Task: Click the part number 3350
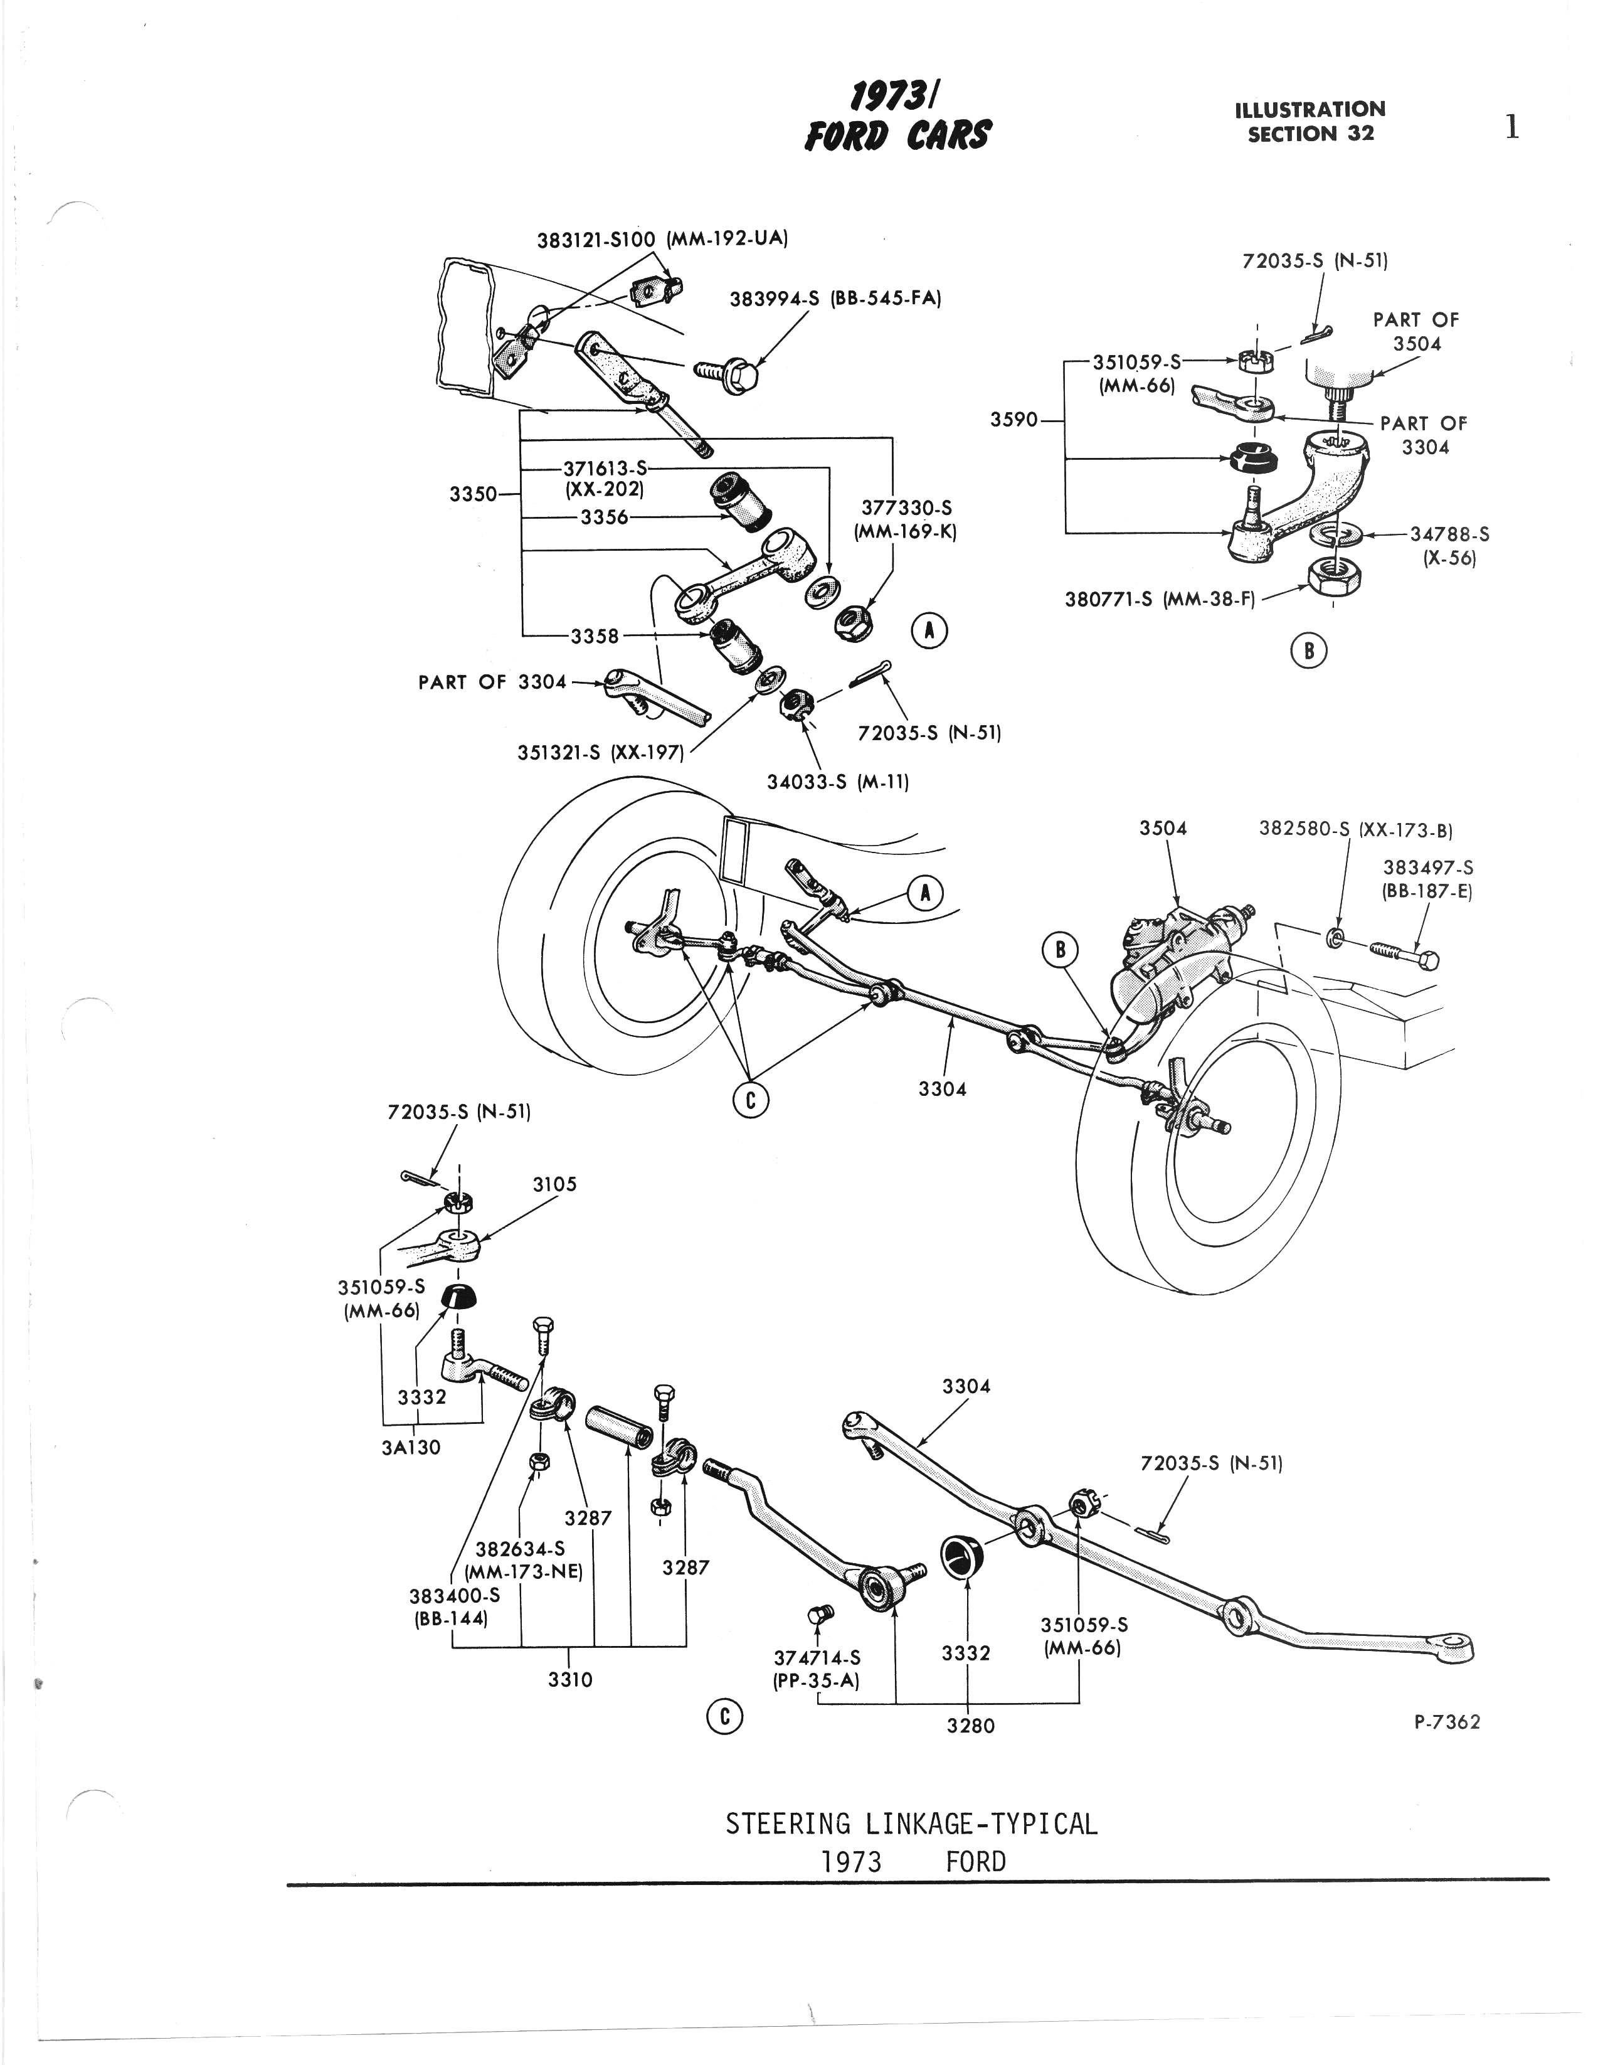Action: click(x=473, y=494)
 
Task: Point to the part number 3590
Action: click(x=1013, y=419)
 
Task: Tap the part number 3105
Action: click(x=554, y=1184)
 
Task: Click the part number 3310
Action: click(x=570, y=1679)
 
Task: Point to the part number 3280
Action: click(x=971, y=1726)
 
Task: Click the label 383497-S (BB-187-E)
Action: click(x=1428, y=878)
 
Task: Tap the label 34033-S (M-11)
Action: click(x=837, y=782)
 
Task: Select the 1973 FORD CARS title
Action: click(x=896, y=118)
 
